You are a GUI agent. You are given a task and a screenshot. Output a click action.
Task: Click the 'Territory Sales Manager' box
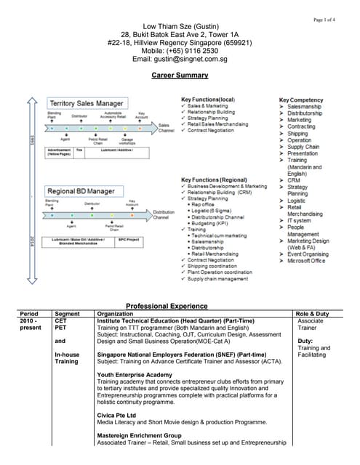point(86,103)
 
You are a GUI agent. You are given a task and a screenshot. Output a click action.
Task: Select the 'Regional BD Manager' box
point(81,191)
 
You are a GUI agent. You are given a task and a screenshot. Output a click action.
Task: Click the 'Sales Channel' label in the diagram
point(167,128)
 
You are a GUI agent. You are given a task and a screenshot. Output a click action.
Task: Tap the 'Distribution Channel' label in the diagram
point(164,215)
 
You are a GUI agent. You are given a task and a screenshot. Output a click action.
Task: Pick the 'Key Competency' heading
point(301,100)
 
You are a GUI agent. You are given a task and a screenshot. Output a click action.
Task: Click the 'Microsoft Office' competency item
point(305,261)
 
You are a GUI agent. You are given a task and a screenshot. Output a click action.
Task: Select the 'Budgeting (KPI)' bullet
point(215,225)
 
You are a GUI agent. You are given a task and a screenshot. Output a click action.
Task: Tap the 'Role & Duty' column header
point(313,313)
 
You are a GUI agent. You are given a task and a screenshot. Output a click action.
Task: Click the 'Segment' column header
point(68,313)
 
